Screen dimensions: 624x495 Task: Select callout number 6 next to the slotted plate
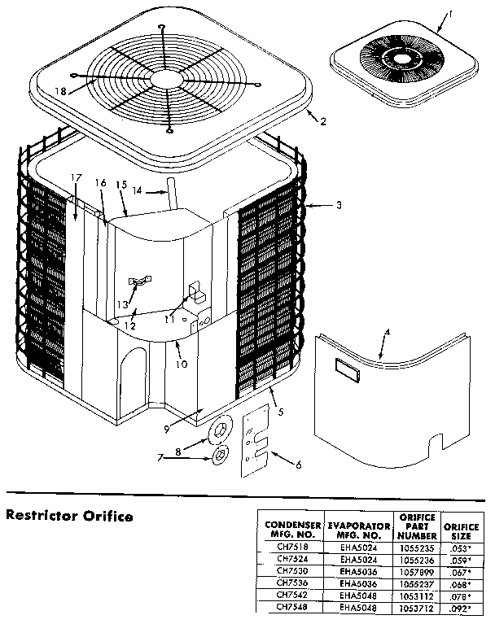point(298,465)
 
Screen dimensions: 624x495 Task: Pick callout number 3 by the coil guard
point(339,206)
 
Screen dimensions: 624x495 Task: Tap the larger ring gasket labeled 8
point(221,432)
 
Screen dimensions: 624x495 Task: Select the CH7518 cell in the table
point(291,548)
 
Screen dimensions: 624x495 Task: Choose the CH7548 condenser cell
point(291,606)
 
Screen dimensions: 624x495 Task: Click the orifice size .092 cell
point(461,606)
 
